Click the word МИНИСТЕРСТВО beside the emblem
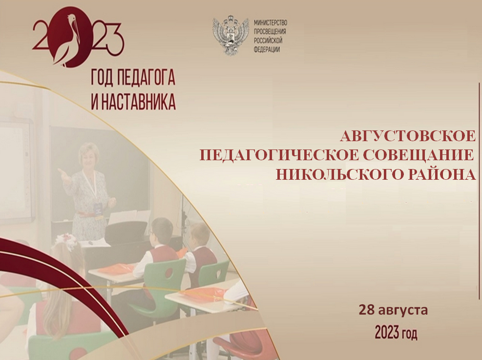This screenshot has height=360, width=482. click(x=271, y=22)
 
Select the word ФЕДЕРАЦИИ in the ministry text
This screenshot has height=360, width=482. click(x=267, y=50)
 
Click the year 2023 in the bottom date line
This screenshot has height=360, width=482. click(x=387, y=333)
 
